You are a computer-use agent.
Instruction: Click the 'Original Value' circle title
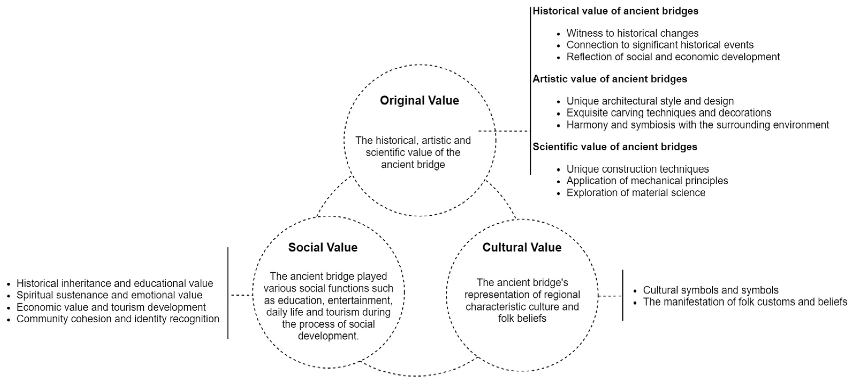pos(419,100)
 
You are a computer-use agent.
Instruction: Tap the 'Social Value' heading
pos(323,247)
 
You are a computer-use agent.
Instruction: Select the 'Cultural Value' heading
pos(522,247)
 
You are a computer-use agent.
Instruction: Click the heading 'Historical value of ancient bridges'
pos(615,11)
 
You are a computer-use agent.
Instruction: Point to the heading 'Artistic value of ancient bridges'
pos(610,79)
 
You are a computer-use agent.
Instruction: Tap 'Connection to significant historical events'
pos(660,45)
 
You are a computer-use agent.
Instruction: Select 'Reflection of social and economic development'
pos(673,57)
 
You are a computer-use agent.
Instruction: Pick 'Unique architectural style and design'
pos(650,101)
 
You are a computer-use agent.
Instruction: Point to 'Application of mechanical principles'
pos(647,181)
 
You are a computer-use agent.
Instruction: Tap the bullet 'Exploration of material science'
pos(636,192)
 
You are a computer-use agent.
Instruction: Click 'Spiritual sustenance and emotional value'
pos(109,295)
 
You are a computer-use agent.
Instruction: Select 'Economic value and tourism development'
pos(111,307)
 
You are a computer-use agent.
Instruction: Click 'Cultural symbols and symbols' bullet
pos(711,290)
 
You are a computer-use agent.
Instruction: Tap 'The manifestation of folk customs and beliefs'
pos(745,302)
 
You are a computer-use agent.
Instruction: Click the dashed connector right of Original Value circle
pos(504,131)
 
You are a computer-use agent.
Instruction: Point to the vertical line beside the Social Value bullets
pos(228,293)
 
